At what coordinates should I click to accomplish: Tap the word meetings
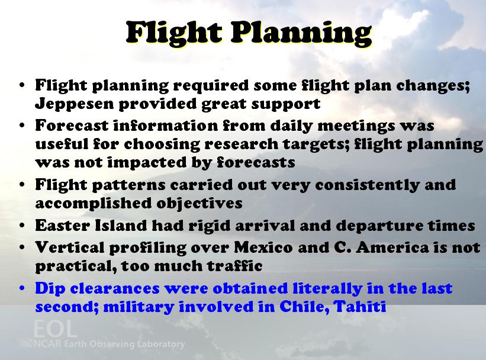(356, 126)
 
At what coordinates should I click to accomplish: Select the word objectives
(199, 204)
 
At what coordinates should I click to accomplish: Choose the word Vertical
(70, 247)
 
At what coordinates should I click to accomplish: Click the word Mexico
(263, 247)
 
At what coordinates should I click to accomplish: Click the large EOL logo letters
(55, 329)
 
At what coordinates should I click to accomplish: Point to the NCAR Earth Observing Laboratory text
(109, 344)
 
